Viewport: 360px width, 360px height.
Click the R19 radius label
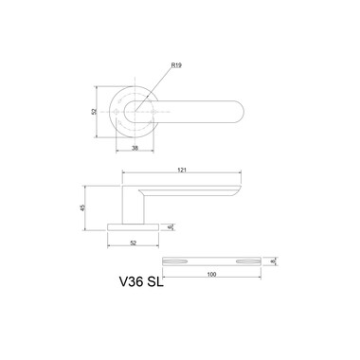176,65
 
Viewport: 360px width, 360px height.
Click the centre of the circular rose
135,112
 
